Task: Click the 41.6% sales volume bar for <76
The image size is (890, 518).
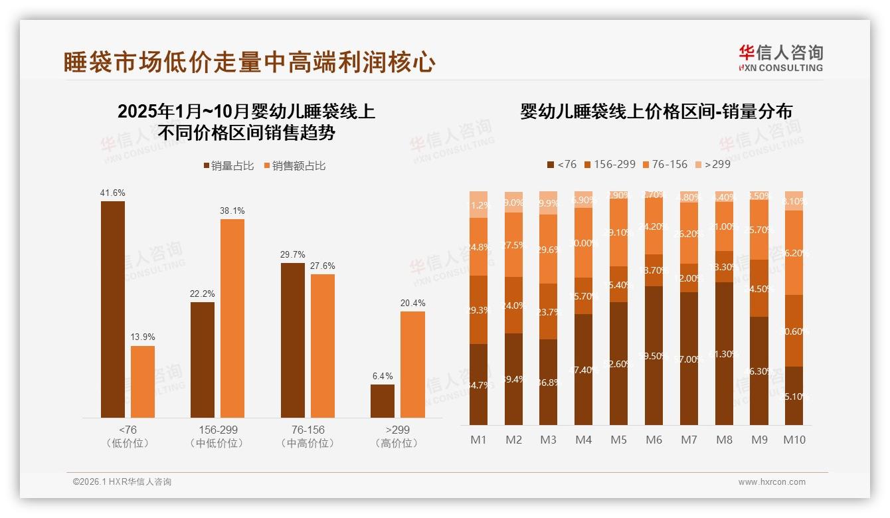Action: (112, 309)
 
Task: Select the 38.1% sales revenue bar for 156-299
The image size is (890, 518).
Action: (232, 318)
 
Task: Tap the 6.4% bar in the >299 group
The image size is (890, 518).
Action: (382, 401)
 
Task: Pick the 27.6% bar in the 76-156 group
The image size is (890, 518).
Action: (322, 346)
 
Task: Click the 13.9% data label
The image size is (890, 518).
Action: (142, 337)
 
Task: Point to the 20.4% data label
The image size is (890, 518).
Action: (412, 303)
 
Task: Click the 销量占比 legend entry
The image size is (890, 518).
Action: (228, 166)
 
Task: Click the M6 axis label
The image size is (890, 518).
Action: (654, 440)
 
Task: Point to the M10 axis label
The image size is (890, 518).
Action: (794, 440)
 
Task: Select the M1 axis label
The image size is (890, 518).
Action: (478, 440)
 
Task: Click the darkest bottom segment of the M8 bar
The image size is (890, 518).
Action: (725, 353)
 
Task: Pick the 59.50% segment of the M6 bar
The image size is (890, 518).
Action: (654, 355)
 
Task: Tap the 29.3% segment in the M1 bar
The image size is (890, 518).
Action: (478, 309)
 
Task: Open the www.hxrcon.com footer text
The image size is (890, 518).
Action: (771, 482)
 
